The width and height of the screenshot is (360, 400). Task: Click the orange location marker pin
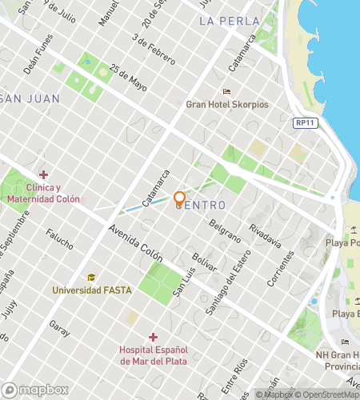coord(180,198)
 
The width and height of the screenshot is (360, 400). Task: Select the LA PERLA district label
coord(229,21)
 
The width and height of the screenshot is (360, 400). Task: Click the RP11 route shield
coord(303,122)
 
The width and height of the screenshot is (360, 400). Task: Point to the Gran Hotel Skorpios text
coord(226,104)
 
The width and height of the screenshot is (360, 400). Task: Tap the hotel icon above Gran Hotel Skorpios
coord(226,91)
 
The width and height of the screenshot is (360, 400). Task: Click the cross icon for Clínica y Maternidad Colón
coord(43,174)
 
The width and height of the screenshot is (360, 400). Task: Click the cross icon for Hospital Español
coord(153,337)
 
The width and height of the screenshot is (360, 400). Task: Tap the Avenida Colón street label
coord(136,245)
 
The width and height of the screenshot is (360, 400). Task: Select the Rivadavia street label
coord(265,235)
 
